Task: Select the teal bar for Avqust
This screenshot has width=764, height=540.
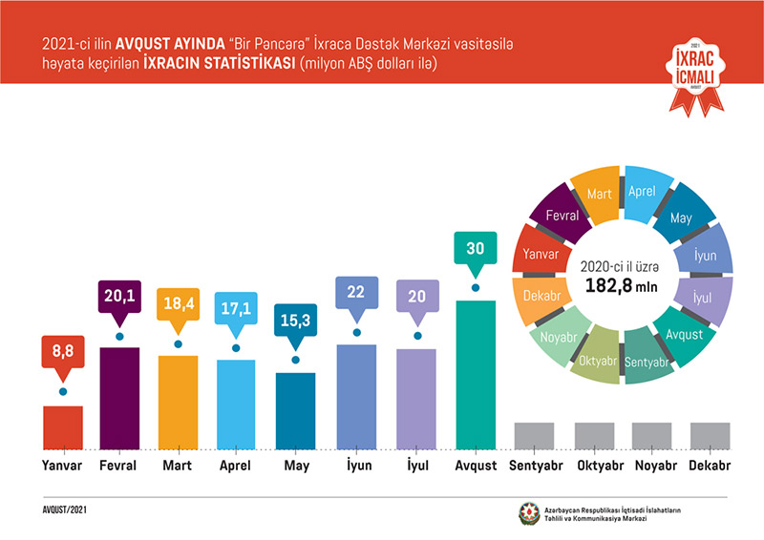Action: point(475,374)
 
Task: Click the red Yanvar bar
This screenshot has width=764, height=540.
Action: point(62,426)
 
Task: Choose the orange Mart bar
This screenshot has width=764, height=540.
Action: point(179,401)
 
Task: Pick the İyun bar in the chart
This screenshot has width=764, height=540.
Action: point(356,395)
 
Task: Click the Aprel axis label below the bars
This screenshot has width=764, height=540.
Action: point(237,467)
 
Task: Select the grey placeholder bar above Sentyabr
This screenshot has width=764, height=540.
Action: point(534,435)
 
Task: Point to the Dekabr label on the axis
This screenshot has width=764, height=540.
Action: point(710,467)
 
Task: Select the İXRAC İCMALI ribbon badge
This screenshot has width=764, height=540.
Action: point(694,72)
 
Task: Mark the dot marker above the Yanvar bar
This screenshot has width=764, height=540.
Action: point(62,391)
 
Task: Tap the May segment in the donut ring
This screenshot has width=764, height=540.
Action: point(682,218)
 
